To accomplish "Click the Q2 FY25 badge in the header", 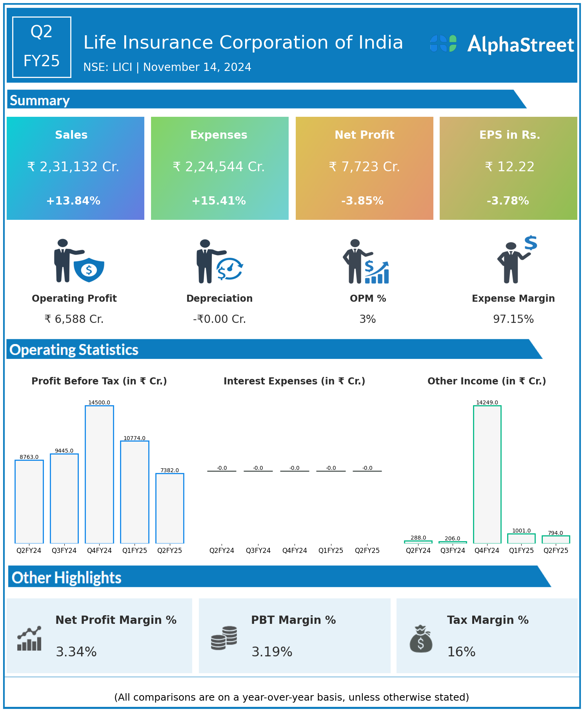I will [x=42, y=47].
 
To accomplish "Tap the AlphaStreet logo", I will [x=502, y=44].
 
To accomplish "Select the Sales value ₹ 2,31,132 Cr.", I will [x=73, y=167].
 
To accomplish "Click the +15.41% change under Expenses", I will [x=219, y=201].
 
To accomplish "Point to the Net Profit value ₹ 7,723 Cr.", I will [x=364, y=167].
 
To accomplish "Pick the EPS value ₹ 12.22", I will [x=509, y=167].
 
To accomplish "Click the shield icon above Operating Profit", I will [x=89, y=270].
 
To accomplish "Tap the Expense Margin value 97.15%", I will [x=513, y=319].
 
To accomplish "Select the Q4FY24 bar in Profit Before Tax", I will [x=100, y=474].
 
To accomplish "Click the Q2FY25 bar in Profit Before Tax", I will [x=170, y=508].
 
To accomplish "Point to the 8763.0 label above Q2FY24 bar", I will [x=29, y=457].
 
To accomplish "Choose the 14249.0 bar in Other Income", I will [x=487, y=474].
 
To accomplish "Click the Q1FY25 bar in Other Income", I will [x=521, y=538].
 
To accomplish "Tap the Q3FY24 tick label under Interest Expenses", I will [x=258, y=551].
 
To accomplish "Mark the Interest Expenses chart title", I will [x=294, y=381].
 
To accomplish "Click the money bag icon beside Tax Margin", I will [x=421, y=639].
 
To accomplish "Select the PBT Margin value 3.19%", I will [x=272, y=652].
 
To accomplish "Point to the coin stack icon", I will [x=224, y=638].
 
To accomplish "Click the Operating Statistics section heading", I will [x=74, y=350].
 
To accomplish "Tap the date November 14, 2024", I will [x=197, y=67].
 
